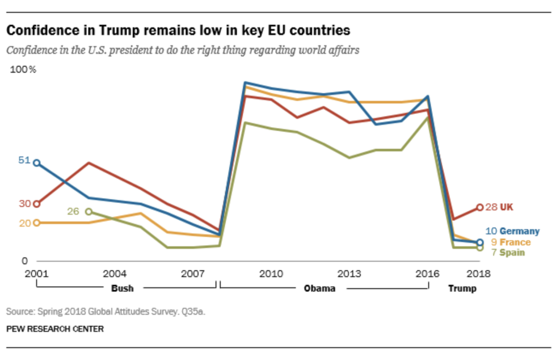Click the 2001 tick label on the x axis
(36, 274)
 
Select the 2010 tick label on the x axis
(271, 274)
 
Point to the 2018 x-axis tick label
(479, 274)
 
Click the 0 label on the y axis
(24, 261)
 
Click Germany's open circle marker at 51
(37, 163)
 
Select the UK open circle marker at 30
(37, 204)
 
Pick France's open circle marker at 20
(37, 223)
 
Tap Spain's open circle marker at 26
(89, 212)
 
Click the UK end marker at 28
(479, 207)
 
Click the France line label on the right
(515, 242)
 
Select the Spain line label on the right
(512, 253)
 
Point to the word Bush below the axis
(123, 288)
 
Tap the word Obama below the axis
(319, 288)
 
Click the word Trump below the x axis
(462, 288)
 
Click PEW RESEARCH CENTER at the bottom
(55, 329)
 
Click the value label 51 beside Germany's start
(24, 160)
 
